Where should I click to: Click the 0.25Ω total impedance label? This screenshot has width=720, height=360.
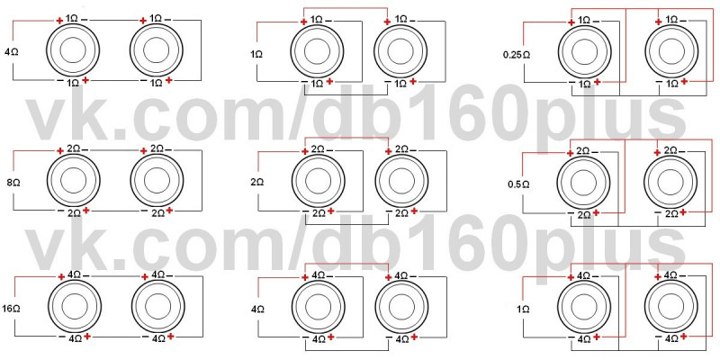(x=517, y=55)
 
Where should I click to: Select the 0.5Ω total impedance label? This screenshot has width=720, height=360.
(x=518, y=184)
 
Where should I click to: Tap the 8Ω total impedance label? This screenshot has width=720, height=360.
(x=13, y=183)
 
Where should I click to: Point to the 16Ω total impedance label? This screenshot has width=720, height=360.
(x=13, y=308)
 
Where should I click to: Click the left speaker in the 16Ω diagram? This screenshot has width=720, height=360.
(x=74, y=307)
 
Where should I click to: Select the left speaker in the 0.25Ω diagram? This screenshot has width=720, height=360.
(x=584, y=51)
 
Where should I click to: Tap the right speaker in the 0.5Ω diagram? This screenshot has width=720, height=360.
(x=670, y=183)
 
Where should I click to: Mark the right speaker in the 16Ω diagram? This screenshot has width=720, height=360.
(x=158, y=307)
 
